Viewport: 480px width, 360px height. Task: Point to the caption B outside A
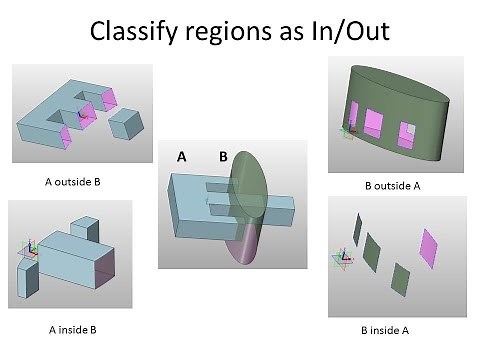coord(397,185)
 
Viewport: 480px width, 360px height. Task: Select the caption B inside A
coord(397,329)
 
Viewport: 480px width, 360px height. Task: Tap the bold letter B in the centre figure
coord(223,156)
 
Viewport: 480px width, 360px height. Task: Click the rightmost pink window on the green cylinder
coord(408,132)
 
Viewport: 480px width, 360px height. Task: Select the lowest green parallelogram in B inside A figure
coord(400,276)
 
